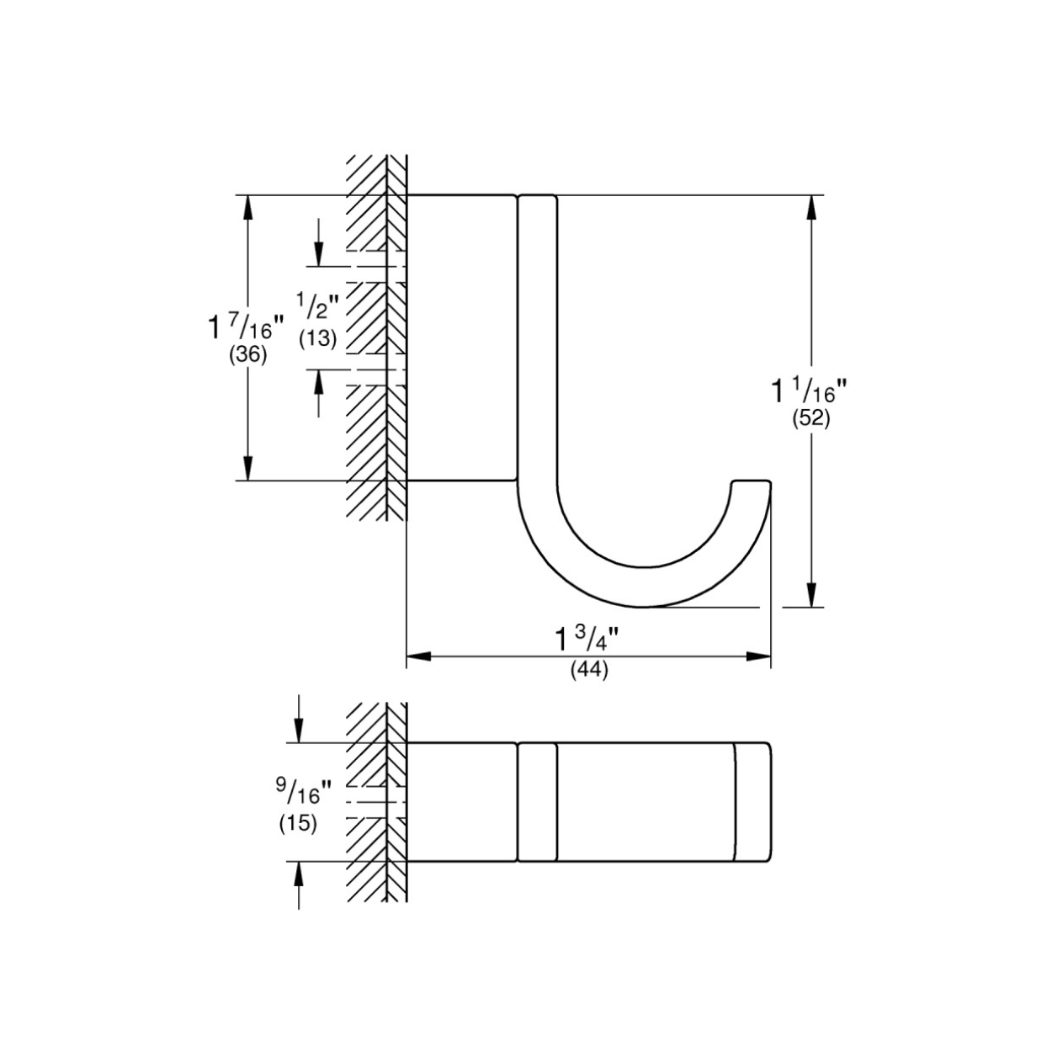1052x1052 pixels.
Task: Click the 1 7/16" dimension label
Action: click(x=247, y=327)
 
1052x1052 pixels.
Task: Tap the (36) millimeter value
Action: click(x=247, y=355)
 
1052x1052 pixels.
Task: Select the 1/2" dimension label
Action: click(x=318, y=307)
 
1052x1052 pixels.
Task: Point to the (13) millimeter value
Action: click(x=317, y=339)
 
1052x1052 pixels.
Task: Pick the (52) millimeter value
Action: click(x=810, y=419)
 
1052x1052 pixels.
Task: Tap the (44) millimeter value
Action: click(x=589, y=671)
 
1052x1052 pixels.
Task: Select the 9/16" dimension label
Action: click(x=302, y=792)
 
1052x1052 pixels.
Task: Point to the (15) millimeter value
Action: click(x=298, y=824)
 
